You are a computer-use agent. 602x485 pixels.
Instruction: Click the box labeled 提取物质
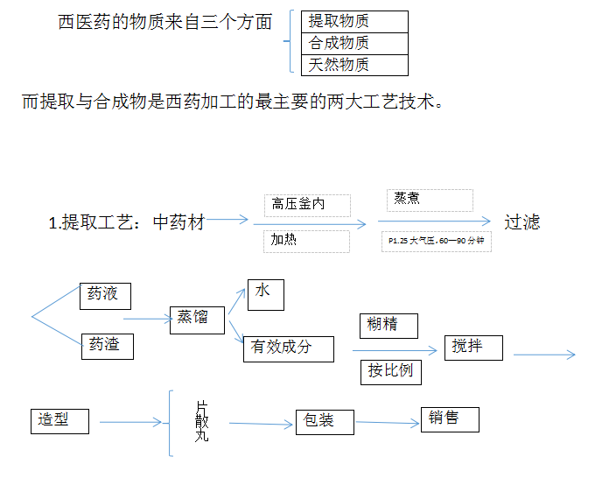tap(353, 22)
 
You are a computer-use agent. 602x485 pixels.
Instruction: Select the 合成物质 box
tap(353, 43)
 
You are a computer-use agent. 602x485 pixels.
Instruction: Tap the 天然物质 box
tap(353, 65)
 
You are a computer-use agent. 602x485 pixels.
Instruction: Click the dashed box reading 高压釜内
tap(306, 205)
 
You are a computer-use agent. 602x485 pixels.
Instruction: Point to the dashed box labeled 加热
tap(306, 241)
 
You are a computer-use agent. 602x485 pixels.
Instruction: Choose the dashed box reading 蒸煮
tap(430, 200)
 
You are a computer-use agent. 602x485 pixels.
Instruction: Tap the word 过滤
tap(521, 222)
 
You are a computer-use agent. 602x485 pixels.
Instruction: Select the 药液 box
tap(104, 295)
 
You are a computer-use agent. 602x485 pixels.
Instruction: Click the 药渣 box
tap(106, 346)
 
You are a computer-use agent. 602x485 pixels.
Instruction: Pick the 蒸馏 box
tap(197, 319)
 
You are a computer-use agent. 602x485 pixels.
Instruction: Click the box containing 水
tap(265, 293)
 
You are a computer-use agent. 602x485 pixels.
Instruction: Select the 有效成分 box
tap(289, 348)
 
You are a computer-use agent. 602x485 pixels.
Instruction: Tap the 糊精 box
tap(388, 326)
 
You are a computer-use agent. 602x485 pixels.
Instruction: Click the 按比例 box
tap(390, 370)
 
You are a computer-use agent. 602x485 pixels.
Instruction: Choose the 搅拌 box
tap(473, 348)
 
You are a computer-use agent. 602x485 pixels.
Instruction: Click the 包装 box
tap(324, 422)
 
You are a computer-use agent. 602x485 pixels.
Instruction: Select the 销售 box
tap(450, 418)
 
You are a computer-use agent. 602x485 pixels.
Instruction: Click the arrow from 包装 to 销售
tap(387, 422)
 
